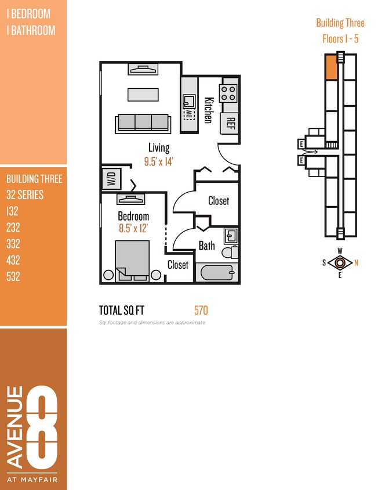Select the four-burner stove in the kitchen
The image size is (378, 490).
pos(228,92)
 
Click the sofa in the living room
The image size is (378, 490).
pos(143,123)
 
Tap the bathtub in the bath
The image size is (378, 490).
pos(215,273)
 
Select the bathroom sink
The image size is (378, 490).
pos(231,236)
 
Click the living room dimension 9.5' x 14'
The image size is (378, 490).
pos(159,161)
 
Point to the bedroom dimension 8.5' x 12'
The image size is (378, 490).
pos(134,228)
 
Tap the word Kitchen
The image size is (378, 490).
pos(208,109)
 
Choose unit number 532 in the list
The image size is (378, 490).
pos(13,276)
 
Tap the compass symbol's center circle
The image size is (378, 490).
pos(340,262)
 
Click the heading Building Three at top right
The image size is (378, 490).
pos(340,23)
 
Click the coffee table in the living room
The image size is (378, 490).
pos(143,94)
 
